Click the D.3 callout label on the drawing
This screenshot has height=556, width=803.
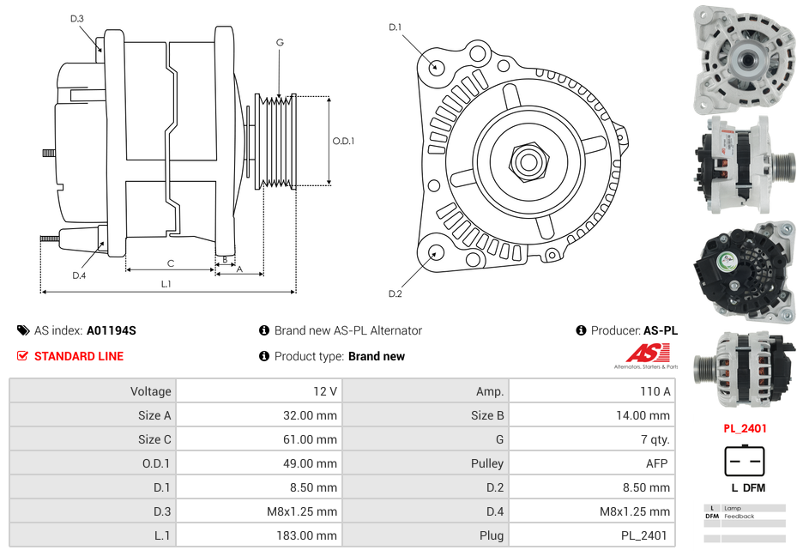pyautogui.click(x=76, y=18)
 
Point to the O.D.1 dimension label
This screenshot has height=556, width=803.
pyautogui.click(x=343, y=141)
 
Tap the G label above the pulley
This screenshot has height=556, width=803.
pyautogui.click(x=280, y=42)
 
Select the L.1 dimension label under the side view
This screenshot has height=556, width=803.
pyautogui.click(x=166, y=283)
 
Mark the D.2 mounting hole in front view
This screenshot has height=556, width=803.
pyautogui.click(x=435, y=252)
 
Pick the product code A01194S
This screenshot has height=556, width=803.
pyautogui.click(x=111, y=330)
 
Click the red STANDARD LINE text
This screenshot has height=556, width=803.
pyautogui.click(x=78, y=356)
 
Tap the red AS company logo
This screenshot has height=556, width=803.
pyautogui.click(x=645, y=353)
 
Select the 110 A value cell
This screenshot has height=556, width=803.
pyautogui.click(x=592, y=391)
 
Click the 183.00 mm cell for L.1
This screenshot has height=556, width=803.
pyautogui.click(x=259, y=535)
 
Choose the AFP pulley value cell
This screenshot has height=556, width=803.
pyautogui.click(x=592, y=463)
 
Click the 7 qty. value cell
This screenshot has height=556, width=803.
pyautogui.click(x=592, y=439)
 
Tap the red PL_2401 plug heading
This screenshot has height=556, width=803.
pyautogui.click(x=744, y=428)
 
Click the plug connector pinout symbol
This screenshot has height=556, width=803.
pyautogui.click(x=744, y=461)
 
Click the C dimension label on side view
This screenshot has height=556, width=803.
pyautogui.click(x=170, y=263)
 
